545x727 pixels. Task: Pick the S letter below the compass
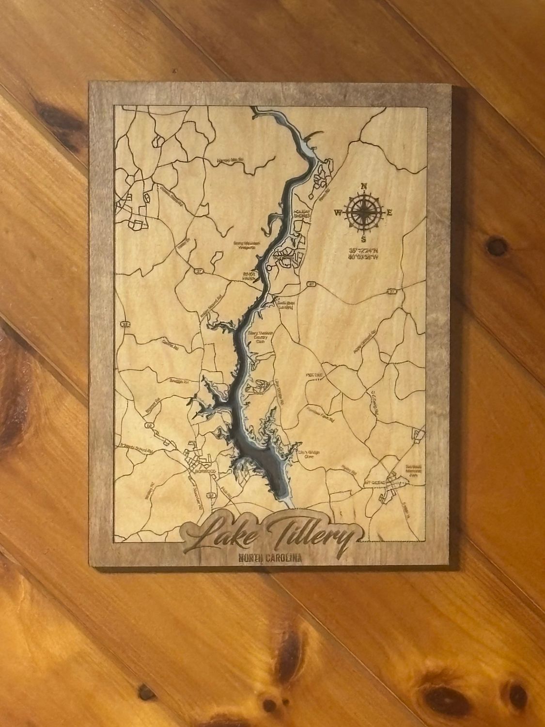pyautogui.click(x=363, y=239)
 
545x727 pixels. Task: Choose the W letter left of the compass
pyautogui.click(x=338, y=212)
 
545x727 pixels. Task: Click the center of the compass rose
pyautogui.click(x=363, y=212)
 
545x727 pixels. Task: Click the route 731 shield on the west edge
pyautogui.click(x=125, y=325)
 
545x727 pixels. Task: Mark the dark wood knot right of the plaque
pyautogui.click(x=495, y=246)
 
